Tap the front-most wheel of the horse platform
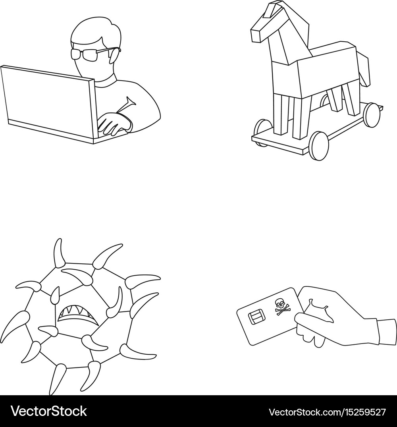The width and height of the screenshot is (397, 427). click(x=319, y=146)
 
